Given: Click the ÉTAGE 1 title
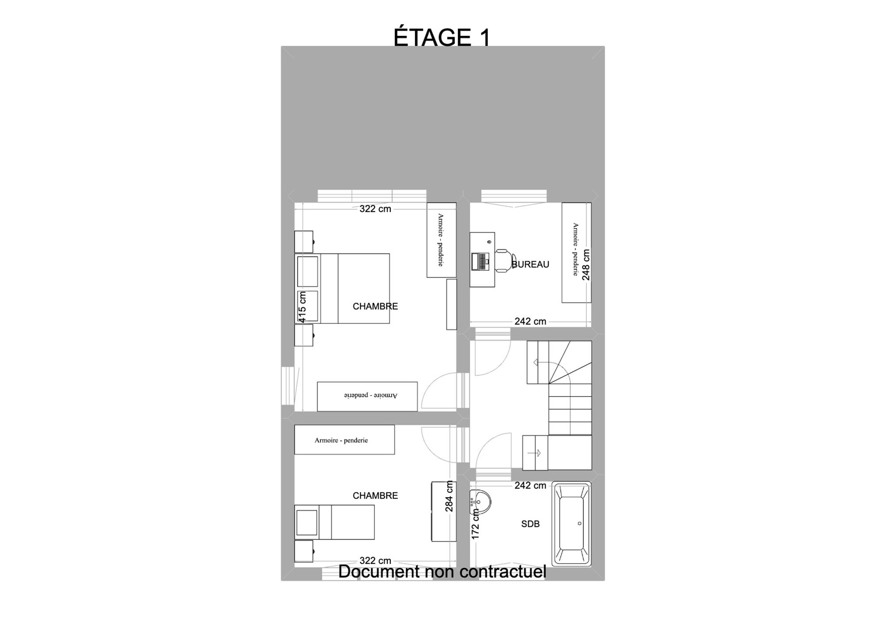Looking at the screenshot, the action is (442, 37).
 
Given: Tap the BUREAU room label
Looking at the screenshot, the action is (530, 265).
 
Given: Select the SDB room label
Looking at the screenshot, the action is (530, 524).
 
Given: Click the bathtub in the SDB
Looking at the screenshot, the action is (571, 524).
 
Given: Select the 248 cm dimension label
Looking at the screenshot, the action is (586, 265).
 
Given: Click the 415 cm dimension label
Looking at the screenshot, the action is (302, 307).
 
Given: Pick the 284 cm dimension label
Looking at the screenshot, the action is (449, 496).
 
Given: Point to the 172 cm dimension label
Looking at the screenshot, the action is (476, 524).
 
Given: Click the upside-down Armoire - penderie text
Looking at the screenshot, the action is (371, 395).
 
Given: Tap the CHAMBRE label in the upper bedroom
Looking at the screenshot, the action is (375, 306).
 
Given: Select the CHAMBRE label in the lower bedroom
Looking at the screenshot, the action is (375, 495).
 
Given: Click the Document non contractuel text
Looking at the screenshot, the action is (442, 572).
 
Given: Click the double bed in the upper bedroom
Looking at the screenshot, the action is (342, 288).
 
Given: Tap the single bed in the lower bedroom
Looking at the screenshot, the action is (335, 522).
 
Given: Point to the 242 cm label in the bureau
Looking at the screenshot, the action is (530, 322).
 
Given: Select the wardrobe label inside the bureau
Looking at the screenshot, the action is (575, 249).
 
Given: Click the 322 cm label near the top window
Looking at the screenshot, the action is (375, 209).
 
